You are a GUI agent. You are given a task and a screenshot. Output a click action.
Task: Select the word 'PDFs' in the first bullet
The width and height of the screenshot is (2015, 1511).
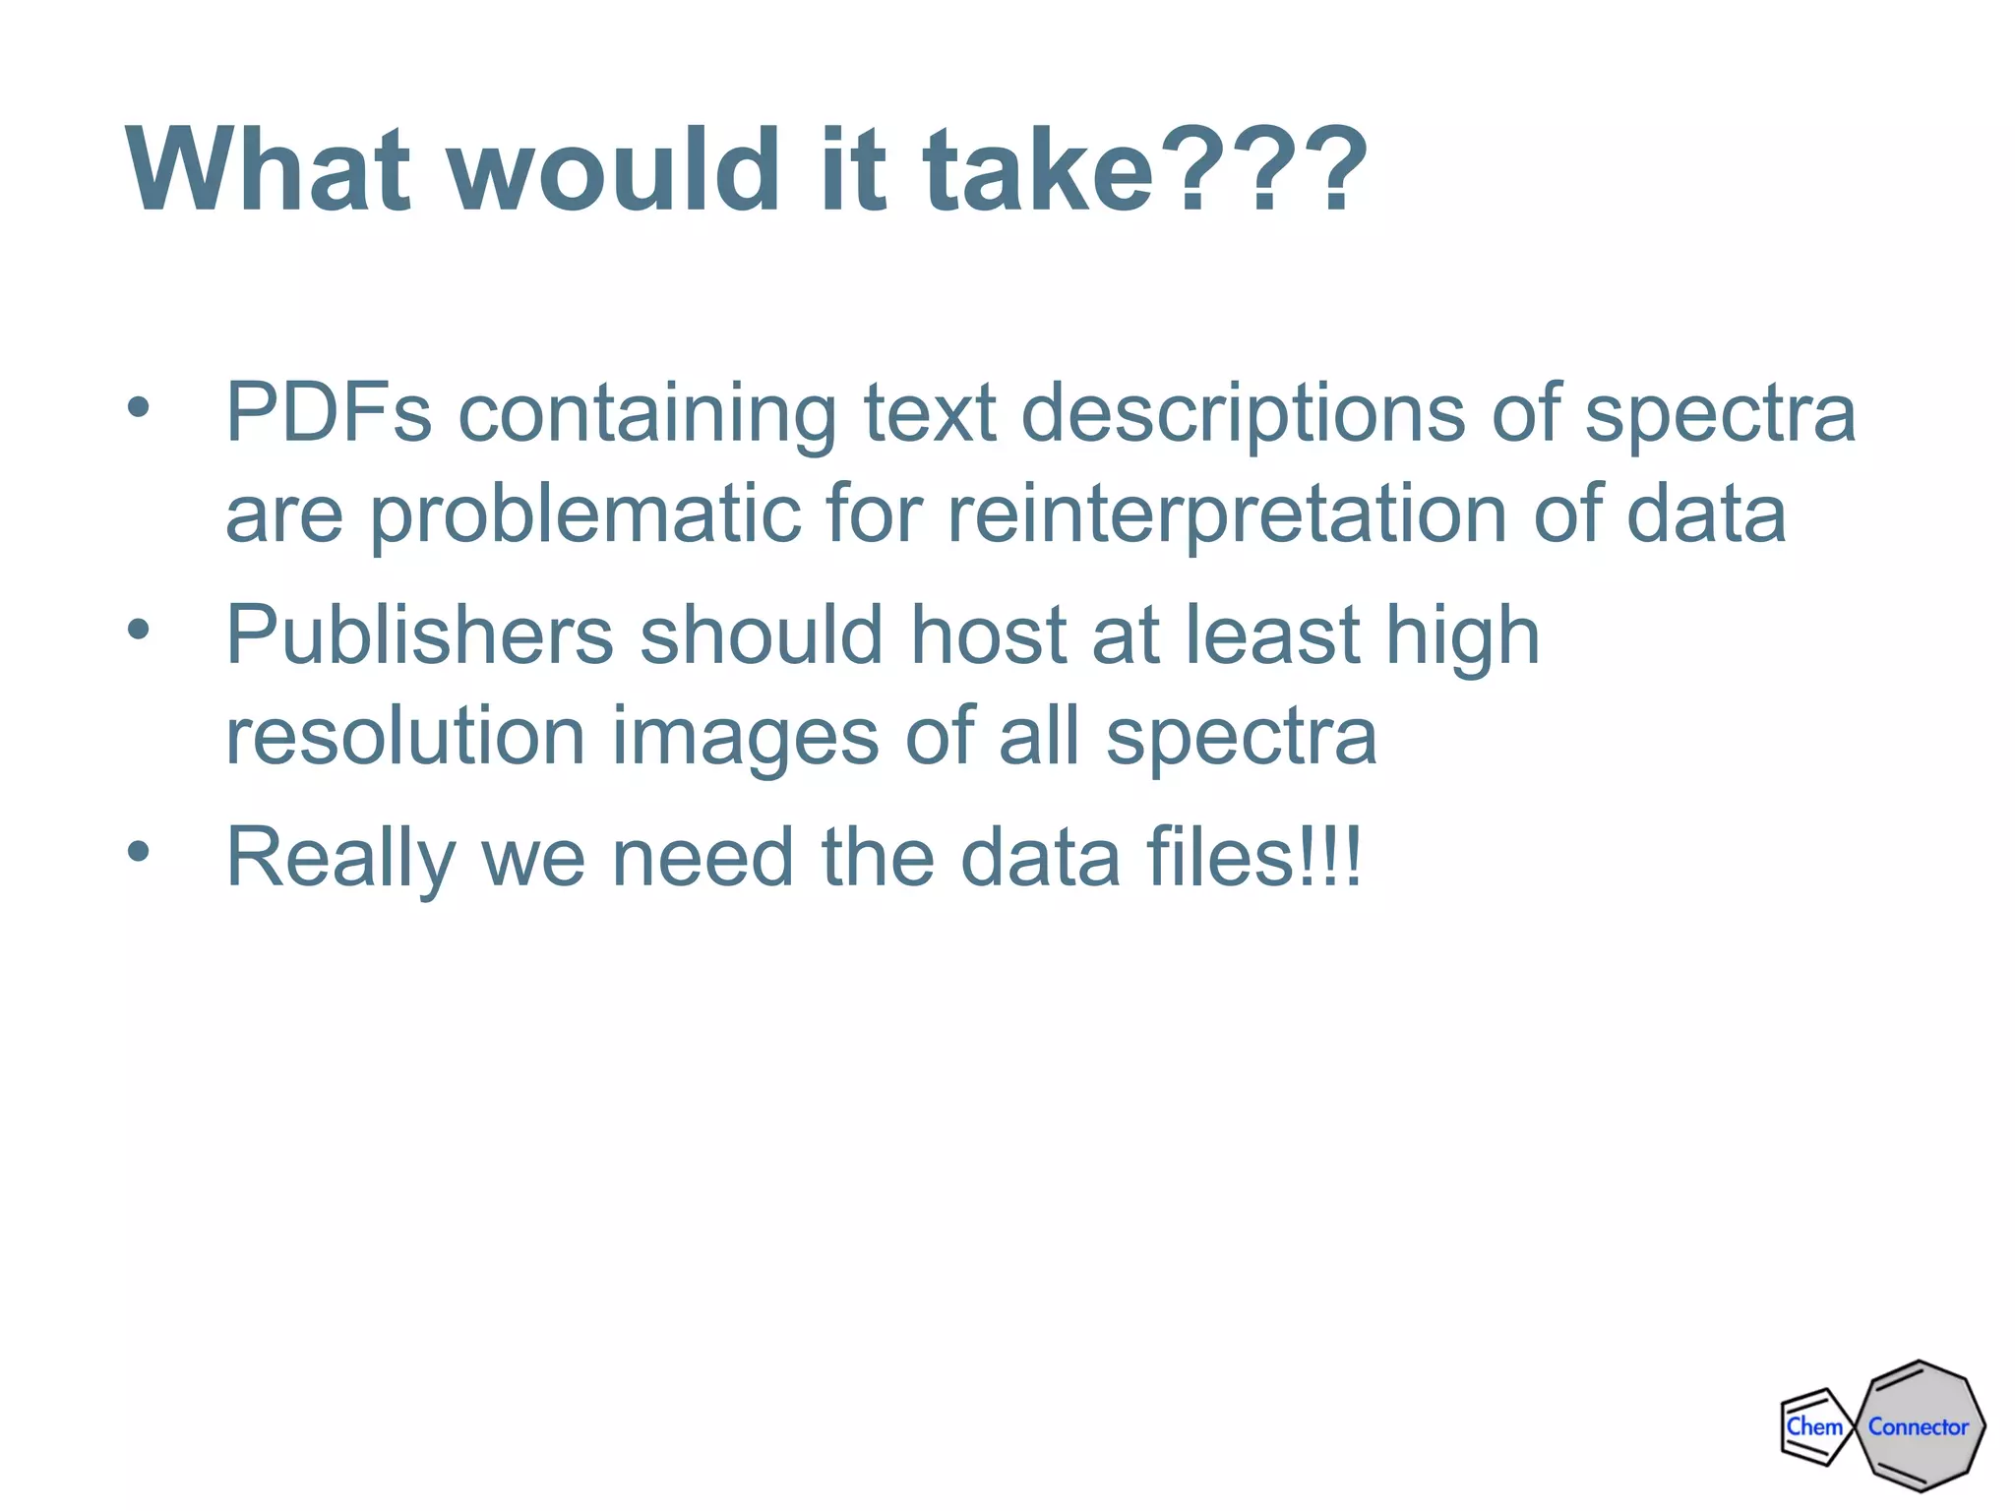coord(329,413)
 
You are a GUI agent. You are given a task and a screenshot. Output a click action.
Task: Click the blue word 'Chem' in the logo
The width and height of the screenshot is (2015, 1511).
coord(1813,1426)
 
